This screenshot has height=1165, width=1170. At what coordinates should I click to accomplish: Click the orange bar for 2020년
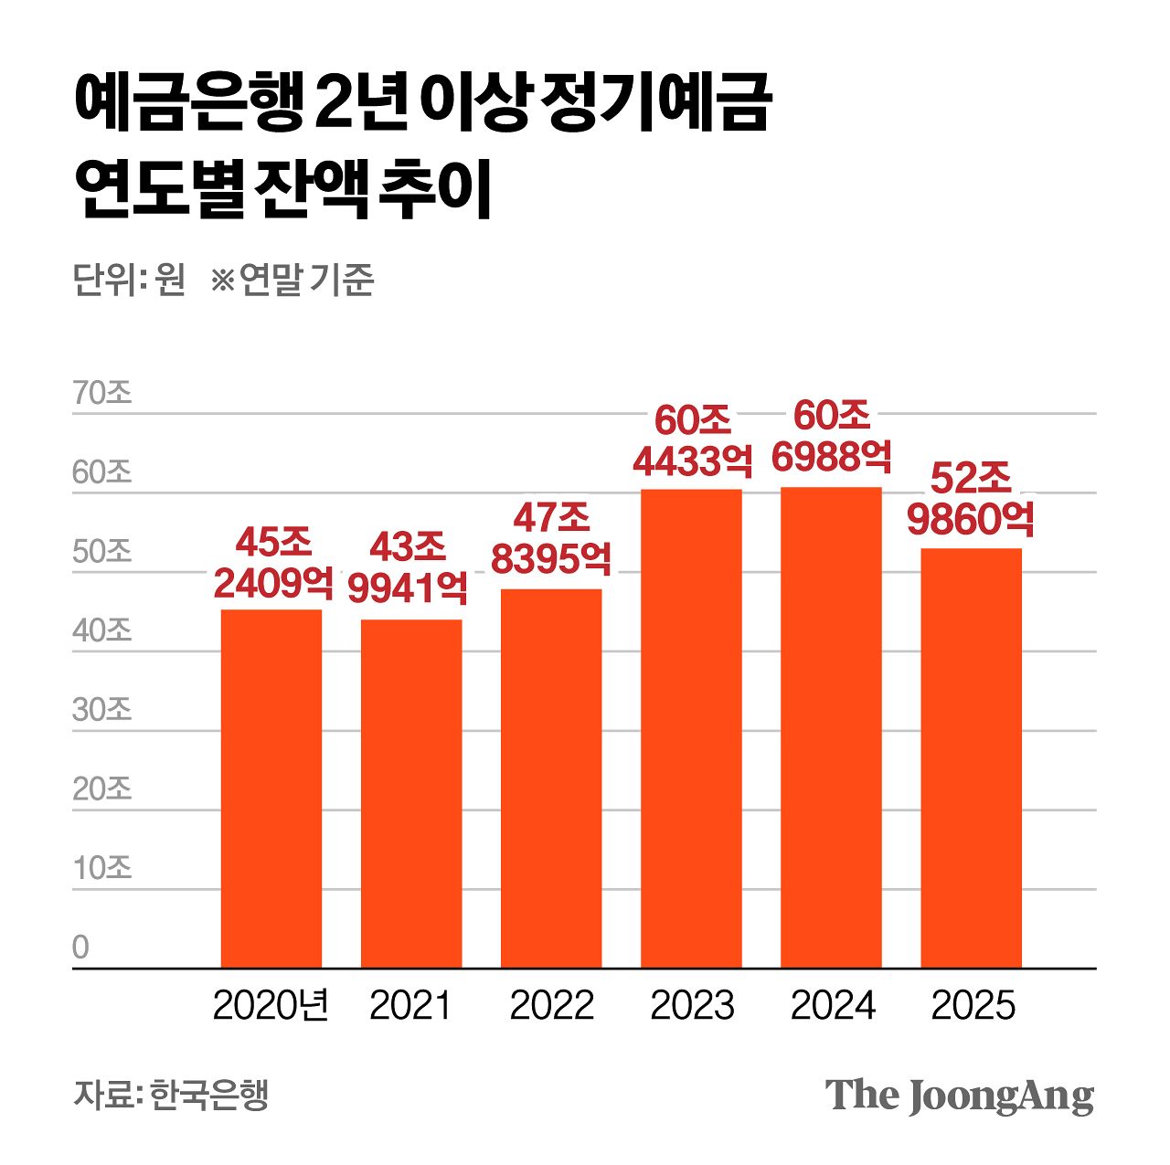click(271, 788)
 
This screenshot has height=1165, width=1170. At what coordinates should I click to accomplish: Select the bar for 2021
click(411, 793)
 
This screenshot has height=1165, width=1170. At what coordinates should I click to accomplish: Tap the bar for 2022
click(551, 778)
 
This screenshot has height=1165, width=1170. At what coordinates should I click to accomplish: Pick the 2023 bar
click(691, 728)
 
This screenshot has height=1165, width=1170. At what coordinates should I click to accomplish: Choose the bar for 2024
click(831, 727)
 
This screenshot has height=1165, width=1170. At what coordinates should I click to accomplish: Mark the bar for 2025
click(971, 757)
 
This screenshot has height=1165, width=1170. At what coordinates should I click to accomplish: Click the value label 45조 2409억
click(273, 563)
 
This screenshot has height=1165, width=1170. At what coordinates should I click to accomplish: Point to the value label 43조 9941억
click(408, 567)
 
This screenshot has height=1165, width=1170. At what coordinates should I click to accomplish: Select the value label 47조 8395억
click(551, 538)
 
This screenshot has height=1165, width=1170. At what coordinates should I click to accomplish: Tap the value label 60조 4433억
click(693, 440)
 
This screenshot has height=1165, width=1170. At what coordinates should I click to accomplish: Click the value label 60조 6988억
click(832, 436)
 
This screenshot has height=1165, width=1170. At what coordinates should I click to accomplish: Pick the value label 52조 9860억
click(971, 499)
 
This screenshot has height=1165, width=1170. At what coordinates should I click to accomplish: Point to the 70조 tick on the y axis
click(102, 393)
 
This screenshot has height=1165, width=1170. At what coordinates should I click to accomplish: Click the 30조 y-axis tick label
click(102, 709)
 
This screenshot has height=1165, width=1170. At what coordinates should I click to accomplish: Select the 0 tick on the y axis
click(81, 947)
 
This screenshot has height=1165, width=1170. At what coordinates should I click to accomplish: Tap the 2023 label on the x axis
click(692, 1006)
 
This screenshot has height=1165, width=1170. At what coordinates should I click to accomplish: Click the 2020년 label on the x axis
click(271, 1006)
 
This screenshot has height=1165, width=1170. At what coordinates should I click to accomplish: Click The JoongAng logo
click(959, 1095)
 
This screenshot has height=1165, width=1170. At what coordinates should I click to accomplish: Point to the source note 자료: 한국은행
click(171, 1094)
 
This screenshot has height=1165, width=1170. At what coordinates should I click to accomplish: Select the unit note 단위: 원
click(129, 280)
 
